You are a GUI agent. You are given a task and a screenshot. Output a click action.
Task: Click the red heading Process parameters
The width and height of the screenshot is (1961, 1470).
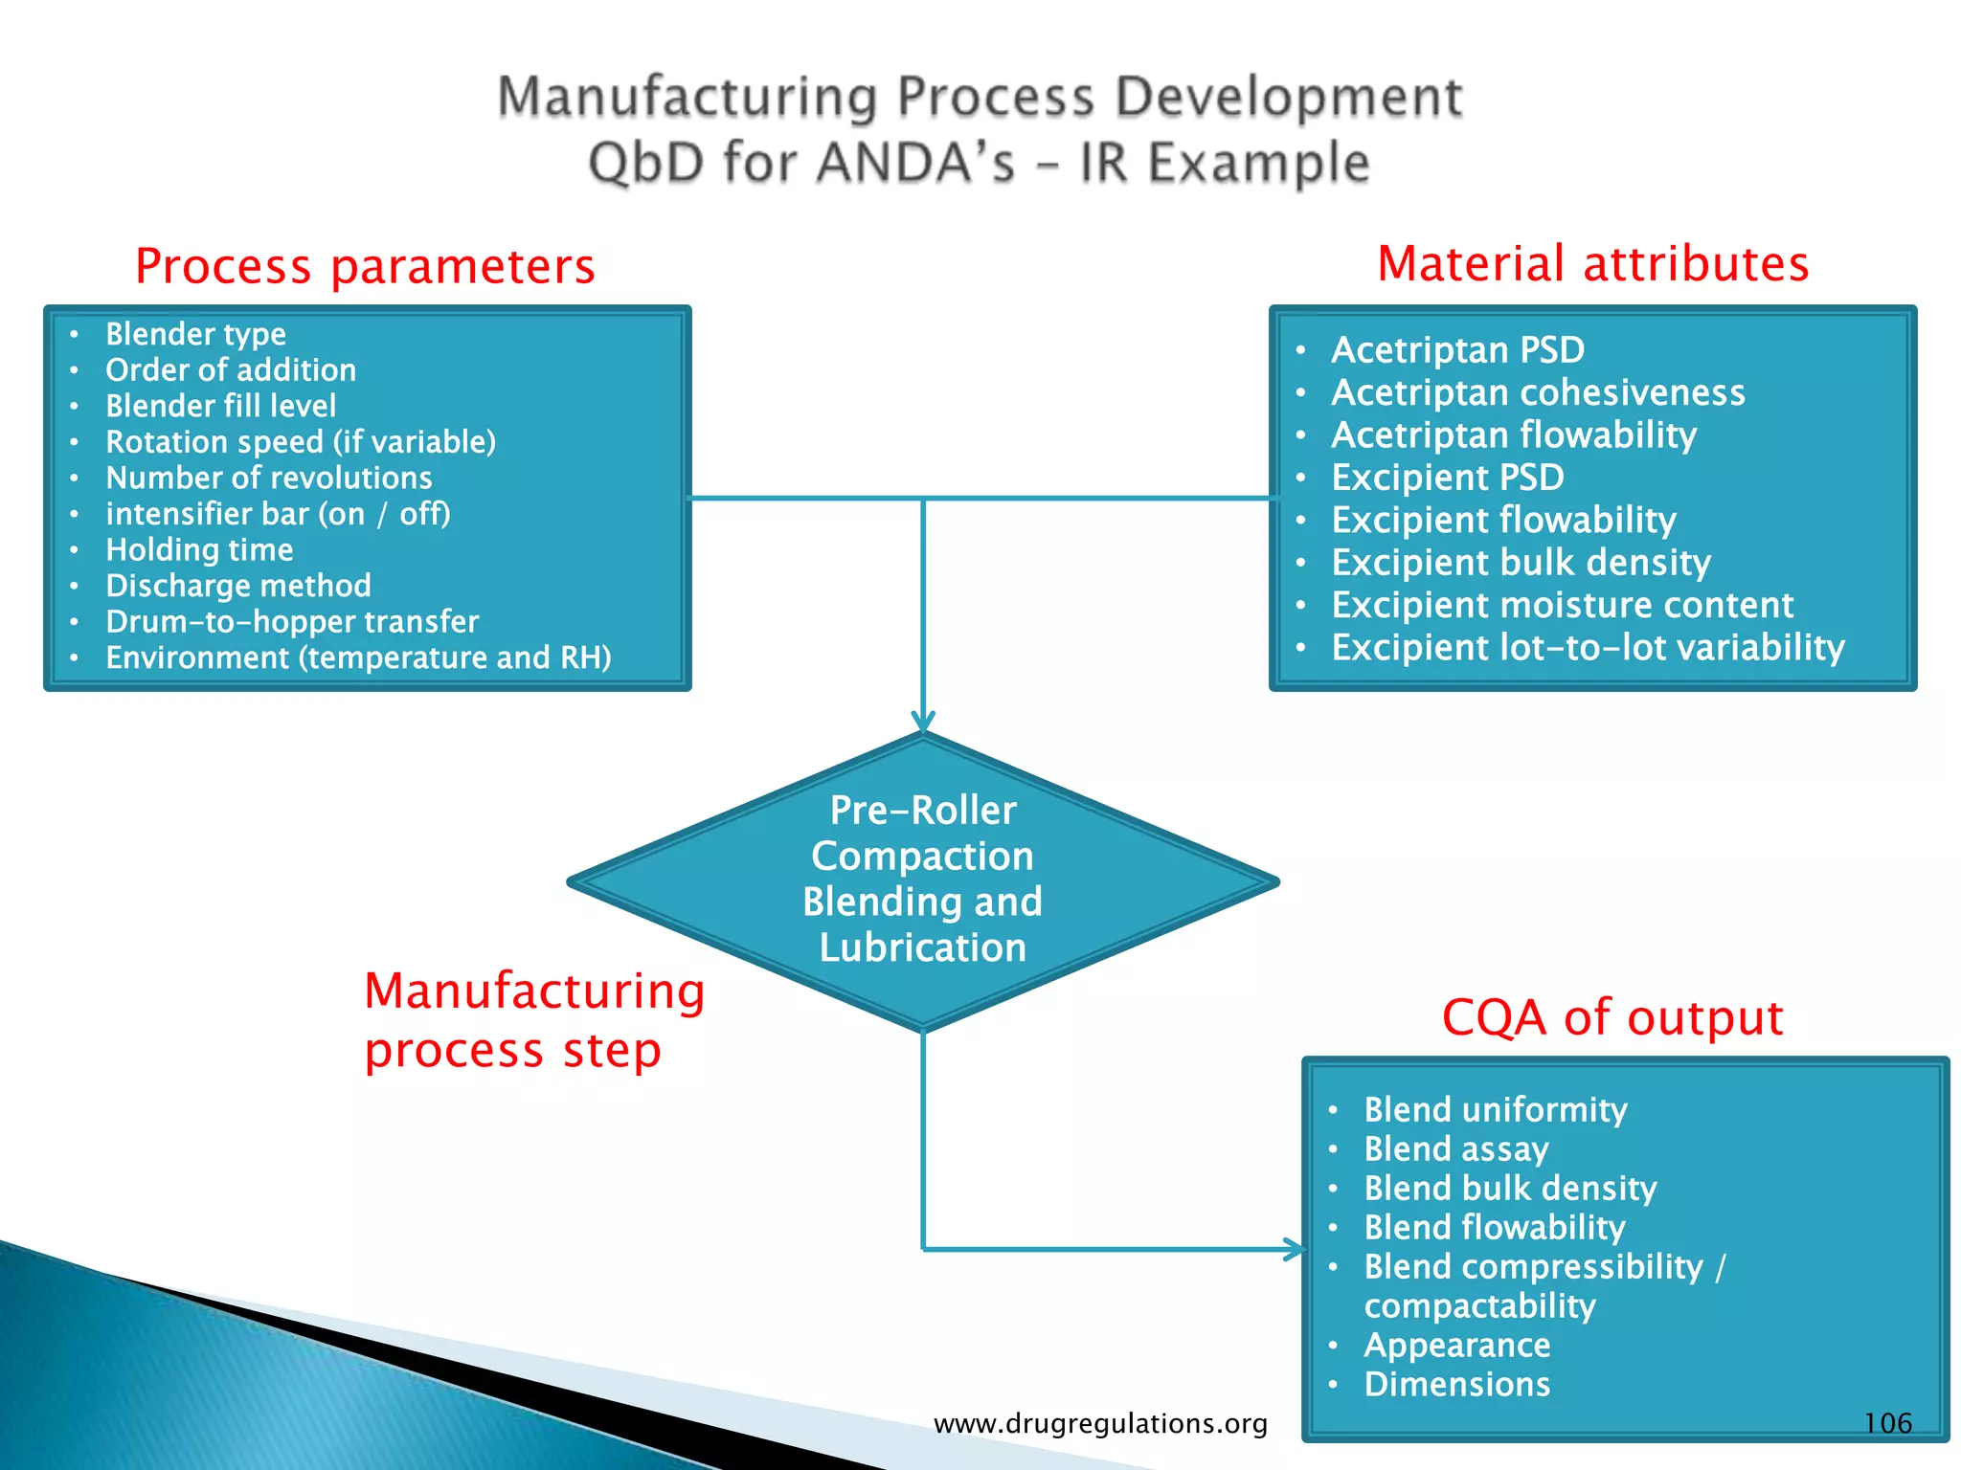(x=365, y=266)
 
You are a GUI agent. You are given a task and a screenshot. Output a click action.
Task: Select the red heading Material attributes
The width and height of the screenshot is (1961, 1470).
(x=1592, y=263)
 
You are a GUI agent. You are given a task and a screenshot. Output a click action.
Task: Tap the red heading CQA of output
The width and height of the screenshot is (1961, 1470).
(x=1612, y=1017)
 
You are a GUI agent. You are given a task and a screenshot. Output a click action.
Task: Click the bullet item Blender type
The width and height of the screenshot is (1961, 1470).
(x=195, y=334)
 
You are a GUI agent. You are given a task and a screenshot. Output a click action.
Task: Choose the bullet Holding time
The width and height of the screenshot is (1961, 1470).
(x=199, y=549)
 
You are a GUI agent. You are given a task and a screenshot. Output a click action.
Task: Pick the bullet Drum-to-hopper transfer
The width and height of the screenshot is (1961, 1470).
(x=292, y=622)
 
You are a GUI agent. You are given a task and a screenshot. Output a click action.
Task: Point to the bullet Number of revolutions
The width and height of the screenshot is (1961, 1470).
(x=269, y=478)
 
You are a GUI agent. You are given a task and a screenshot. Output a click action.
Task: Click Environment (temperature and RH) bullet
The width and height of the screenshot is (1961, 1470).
(x=358, y=657)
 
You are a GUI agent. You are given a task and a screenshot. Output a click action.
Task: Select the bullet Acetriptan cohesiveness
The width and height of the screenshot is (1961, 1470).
(x=1538, y=392)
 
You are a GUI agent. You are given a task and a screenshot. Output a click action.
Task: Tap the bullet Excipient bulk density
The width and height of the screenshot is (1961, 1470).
(x=1521, y=563)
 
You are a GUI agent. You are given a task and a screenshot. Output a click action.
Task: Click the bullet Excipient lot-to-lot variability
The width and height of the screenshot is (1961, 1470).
(x=1588, y=648)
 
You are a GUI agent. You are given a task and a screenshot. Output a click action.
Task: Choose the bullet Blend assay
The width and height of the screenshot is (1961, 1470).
(x=1455, y=1148)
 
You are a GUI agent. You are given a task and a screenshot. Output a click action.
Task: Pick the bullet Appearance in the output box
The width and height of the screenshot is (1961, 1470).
(x=1456, y=1345)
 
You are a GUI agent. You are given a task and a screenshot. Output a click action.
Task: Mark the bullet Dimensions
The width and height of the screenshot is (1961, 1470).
(x=1456, y=1384)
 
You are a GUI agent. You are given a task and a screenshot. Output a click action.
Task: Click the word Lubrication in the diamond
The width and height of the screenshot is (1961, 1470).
(x=922, y=947)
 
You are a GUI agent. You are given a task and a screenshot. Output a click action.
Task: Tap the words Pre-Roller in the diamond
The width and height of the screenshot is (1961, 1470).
(x=922, y=811)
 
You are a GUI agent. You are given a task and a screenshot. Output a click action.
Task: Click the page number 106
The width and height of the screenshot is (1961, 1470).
(x=1887, y=1423)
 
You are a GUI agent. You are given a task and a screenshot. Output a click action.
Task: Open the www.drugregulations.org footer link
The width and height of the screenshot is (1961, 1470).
(x=1100, y=1423)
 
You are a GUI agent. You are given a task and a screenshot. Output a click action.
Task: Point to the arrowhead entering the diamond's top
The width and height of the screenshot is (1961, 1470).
(x=923, y=723)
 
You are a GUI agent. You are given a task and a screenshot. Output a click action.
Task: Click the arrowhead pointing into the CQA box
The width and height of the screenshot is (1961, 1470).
(x=1295, y=1249)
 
